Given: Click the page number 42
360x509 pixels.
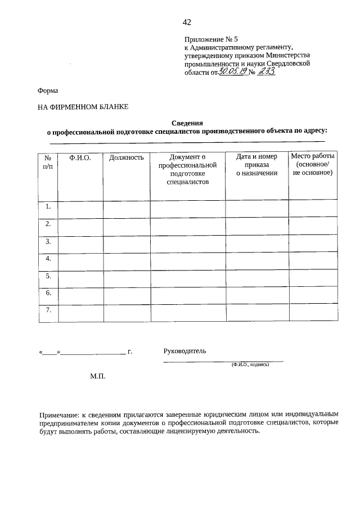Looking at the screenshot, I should (x=187, y=22).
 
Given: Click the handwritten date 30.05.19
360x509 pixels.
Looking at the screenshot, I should (x=232, y=71).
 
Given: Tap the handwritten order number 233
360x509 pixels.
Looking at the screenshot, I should (x=265, y=71).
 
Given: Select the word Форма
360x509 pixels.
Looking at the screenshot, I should (x=48, y=91).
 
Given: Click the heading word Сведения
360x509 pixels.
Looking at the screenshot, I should (x=187, y=123).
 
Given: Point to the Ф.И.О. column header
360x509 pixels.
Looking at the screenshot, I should (x=80, y=158).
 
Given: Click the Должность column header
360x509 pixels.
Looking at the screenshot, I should (x=127, y=158).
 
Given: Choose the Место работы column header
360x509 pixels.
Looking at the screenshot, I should (x=313, y=164).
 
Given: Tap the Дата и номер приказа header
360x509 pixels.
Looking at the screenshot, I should (x=256, y=165).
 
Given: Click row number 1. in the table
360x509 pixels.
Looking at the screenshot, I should (x=48, y=206).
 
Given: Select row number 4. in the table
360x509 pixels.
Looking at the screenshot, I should (x=48, y=259).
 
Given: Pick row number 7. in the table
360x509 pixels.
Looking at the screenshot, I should (x=48, y=310).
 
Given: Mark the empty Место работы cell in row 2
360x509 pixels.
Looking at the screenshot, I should (x=313, y=226).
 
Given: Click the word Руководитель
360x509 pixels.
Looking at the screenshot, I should (x=184, y=351).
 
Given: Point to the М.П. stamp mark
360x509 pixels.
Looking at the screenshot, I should (x=98, y=376).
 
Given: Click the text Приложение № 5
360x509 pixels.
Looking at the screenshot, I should (x=211, y=39).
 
